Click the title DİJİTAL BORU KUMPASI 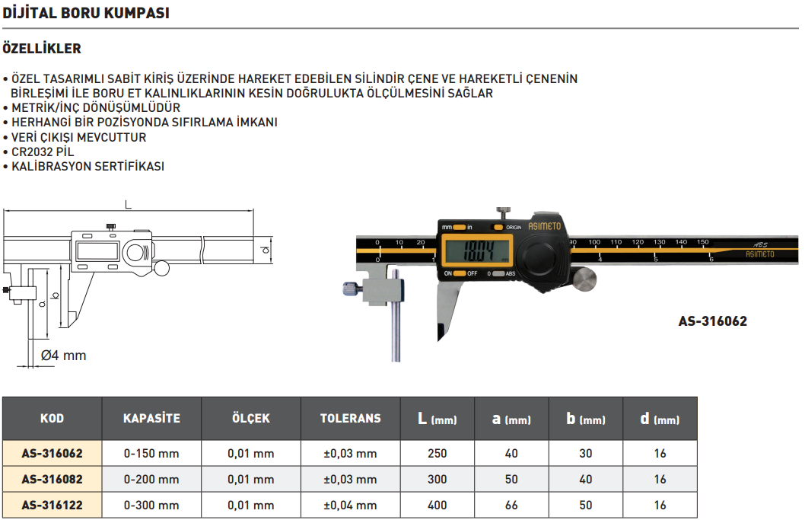(x=86, y=13)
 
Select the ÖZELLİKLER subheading (x=42, y=48)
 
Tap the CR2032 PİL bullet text (x=43, y=152)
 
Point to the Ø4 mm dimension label (x=63, y=355)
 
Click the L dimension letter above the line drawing (x=129, y=205)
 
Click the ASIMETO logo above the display (x=544, y=226)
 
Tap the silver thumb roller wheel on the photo (x=584, y=280)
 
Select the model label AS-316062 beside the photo (x=713, y=321)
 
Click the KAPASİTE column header (x=151, y=418)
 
